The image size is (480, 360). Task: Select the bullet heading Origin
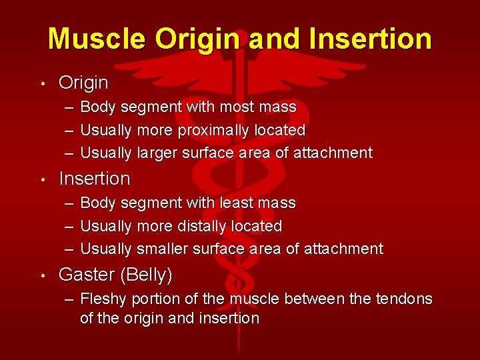pos(83,83)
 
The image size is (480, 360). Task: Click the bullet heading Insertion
pos(95,179)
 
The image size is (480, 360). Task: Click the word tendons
pos(403,299)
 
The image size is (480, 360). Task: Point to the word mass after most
pos(278,107)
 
